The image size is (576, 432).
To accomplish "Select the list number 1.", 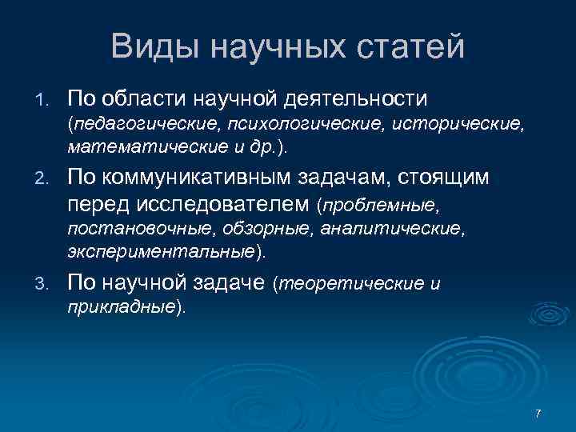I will coord(43,100).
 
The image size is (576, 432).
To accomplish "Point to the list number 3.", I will coord(43,283).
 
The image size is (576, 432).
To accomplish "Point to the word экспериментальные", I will coord(160,252).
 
